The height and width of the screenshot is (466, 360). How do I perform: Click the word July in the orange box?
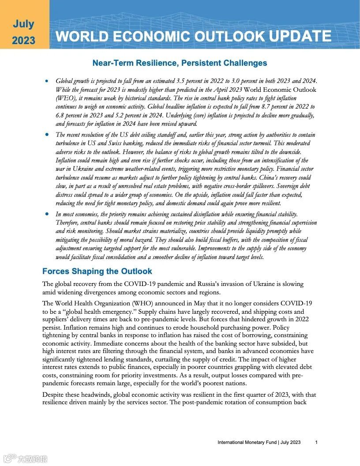(x=23, y=24)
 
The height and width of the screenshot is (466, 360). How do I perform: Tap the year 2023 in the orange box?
(x=23, y=41)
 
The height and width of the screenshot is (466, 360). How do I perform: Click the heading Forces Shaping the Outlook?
(x=97, y=271)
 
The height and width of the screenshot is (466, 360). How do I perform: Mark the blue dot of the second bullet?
(x=47, y=135)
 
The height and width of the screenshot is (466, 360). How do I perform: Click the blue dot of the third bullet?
(x=47, y=214)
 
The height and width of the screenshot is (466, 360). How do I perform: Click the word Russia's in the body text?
(x=205, y=284)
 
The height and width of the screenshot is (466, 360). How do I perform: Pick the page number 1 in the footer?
(x=316, y=442)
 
